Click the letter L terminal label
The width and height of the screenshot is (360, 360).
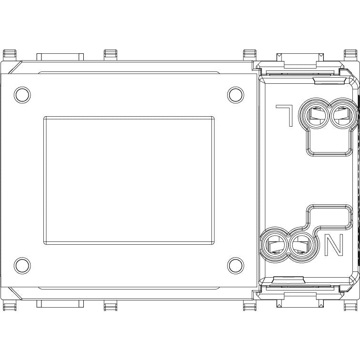[x=285, y=116]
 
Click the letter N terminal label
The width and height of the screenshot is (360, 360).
[x=334, y=245]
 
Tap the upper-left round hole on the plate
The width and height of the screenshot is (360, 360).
[x=22, y=95]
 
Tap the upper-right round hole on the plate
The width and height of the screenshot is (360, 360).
[x=236, y=95]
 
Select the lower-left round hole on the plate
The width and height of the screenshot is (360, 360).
[x=22, y=266]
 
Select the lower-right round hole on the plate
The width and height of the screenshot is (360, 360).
[x=236, y=266]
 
